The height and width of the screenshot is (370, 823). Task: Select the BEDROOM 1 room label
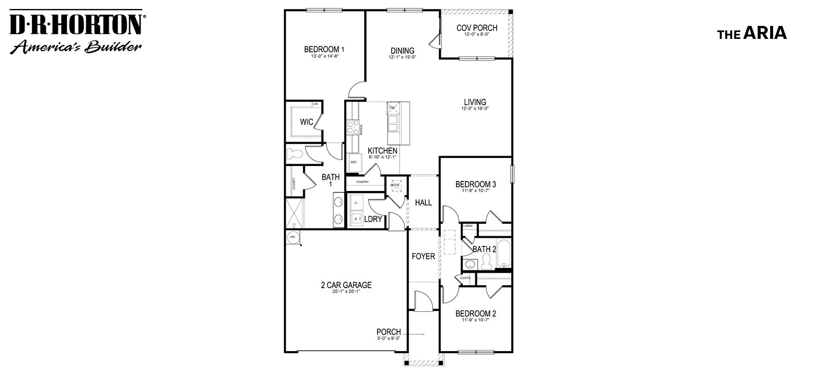[324, 49]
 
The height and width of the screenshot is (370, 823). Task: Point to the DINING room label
[402, 50]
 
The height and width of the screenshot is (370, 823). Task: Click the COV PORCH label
[477, 28]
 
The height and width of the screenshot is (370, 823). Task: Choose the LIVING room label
[475, 102]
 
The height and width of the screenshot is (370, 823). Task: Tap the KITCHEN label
[383, 151]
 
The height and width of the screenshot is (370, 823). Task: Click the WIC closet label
[306, 122]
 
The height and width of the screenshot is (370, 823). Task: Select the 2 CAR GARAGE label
[346, 285]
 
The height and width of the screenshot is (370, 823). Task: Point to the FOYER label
[423, 256]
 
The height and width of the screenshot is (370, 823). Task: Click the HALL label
[423, 202]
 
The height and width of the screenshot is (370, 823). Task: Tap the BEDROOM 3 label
[475, 185]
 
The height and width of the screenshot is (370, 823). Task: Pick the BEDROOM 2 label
[475, 314]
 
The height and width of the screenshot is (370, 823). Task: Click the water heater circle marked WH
[292, 237]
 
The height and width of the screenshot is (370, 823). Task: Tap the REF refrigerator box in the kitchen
[354, 161]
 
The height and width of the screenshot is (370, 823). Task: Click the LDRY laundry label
[373, 219]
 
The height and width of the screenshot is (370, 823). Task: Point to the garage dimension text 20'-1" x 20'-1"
[346, 292]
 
